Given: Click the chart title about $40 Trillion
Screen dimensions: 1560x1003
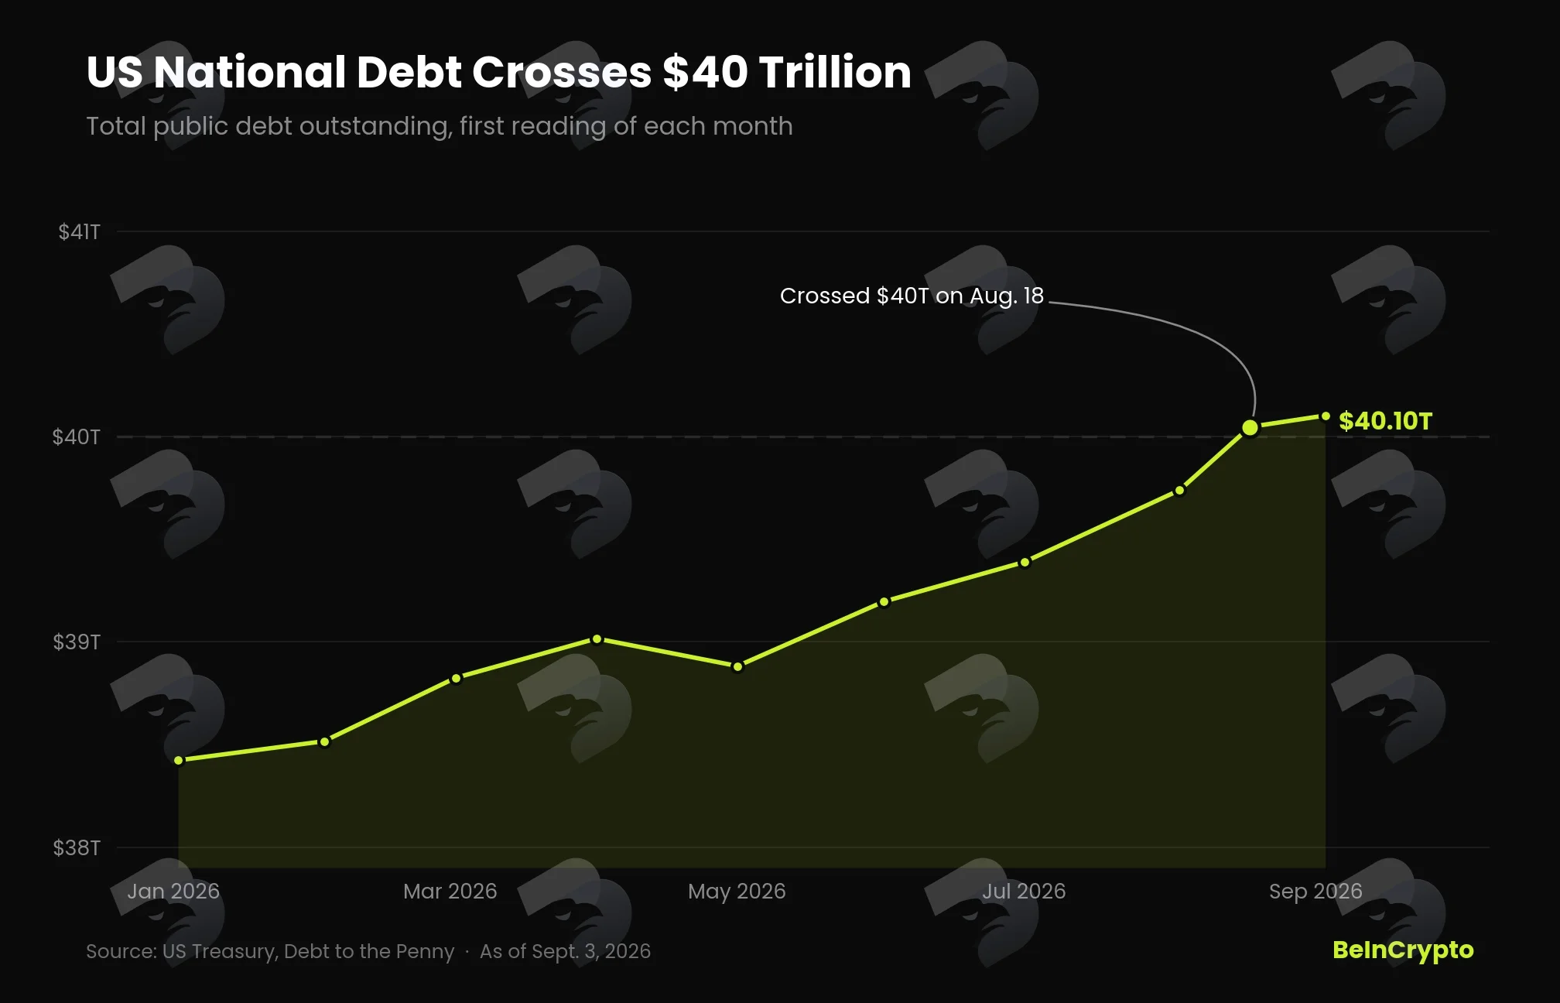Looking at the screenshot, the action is click(x=498, y=72).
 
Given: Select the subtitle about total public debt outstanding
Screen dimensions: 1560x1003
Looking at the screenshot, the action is click(x=440, y=126).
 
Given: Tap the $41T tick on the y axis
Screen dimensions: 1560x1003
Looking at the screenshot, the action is click(x=79, y=231).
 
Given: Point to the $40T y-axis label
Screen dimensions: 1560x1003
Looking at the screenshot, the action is click(x=76, y=436).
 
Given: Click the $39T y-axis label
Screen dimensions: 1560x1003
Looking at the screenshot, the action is click(x=77, y=642).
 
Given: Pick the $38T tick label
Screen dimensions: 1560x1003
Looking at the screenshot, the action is click(x=77, y=847).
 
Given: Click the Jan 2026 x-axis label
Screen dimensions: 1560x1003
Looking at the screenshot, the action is click(x=173, y=891).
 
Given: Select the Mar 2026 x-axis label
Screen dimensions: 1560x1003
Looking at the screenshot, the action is click(x=450, y=891).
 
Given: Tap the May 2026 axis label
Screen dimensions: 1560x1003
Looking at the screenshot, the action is click(x=737, y=892).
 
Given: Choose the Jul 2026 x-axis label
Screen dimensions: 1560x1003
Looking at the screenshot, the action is click(x=1024, y=891).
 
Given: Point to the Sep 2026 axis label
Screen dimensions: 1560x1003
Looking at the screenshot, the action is click(x=1315, y=892).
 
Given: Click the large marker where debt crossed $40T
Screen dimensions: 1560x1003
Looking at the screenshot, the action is click(x=1250, y=427).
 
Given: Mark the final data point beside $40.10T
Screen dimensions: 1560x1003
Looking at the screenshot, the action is click(x=1326, y=416).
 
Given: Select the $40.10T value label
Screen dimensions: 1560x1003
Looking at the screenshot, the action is click(x=1386, y=421).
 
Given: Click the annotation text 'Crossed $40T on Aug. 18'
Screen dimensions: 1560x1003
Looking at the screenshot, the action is click(x=912, y=296).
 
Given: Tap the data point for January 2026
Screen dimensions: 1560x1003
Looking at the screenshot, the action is click(x=179, y=760).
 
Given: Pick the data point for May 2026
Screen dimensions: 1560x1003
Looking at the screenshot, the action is click(x=737, y=666).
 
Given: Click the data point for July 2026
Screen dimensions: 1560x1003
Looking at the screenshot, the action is click(x=1025, y=563).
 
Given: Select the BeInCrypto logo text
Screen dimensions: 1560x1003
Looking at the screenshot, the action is click(x=1403, y=950).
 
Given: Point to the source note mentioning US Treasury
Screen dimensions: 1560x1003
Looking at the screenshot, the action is click(x=270, y=951).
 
